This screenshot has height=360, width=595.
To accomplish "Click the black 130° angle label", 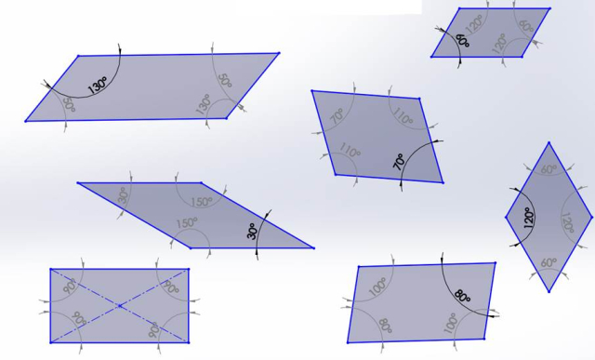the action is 98,85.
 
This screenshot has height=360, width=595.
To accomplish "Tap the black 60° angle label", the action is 463,40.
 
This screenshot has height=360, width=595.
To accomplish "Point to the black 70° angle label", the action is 399,162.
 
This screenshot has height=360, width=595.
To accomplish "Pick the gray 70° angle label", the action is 337,116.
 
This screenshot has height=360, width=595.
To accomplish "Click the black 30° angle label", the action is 253,231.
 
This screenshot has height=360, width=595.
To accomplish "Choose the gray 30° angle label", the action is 124,195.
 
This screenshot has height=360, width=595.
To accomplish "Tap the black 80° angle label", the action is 462,296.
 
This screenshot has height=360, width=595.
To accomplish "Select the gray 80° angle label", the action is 385,326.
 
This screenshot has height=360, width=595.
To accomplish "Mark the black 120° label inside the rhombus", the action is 529,218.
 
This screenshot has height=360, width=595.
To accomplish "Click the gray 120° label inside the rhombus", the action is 567,222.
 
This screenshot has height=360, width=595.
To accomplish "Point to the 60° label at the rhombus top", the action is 549,169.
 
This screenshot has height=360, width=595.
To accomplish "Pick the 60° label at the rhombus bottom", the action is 549,262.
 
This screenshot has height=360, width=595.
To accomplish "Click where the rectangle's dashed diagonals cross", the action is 120,306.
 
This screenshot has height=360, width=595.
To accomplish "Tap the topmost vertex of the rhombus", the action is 549,142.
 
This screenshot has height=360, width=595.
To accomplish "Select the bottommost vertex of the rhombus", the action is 549,291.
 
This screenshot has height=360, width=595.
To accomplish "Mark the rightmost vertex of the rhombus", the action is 591,218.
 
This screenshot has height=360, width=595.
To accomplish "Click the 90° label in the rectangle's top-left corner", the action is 70,286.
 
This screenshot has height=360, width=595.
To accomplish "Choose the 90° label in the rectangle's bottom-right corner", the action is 153,330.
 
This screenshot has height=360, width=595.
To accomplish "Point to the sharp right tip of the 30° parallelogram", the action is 314,248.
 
